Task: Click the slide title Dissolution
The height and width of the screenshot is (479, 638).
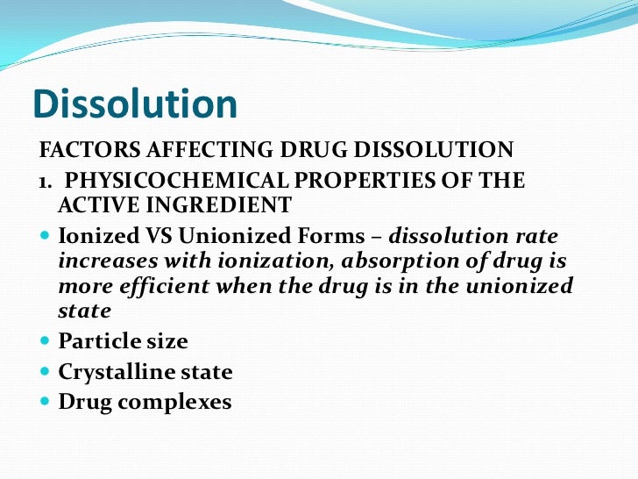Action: (135, 104)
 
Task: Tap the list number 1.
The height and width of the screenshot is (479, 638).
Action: (41, 182)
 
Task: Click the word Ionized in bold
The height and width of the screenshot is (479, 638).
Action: (93, 237)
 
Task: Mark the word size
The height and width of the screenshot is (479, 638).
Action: (163, 341)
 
